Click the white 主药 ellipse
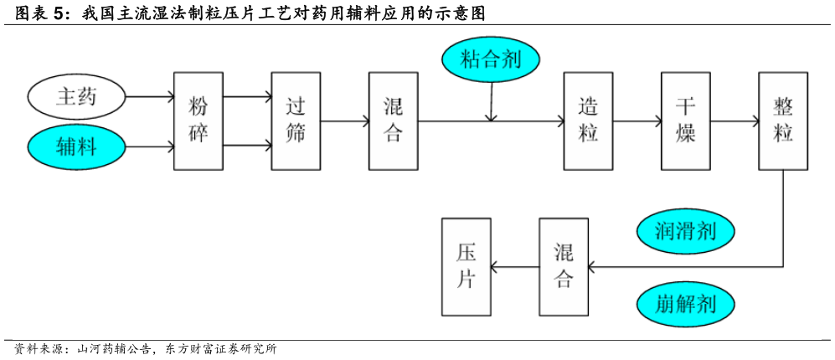[76, 97]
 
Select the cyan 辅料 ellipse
[76, 147]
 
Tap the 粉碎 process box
[198, 121]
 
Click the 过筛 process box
[296, 121]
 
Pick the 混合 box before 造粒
[393, 121]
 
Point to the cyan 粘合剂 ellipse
[491, 59]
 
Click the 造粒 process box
[588, 121]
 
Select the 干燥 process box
[685, 121]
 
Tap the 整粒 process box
[783, 121]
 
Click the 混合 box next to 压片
[564, 266]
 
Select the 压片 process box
[466, 266]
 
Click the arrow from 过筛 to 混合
[344, 121]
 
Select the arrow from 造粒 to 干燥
[637, 121]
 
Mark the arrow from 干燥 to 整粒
[734, 121]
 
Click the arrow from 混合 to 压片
[515, 267]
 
